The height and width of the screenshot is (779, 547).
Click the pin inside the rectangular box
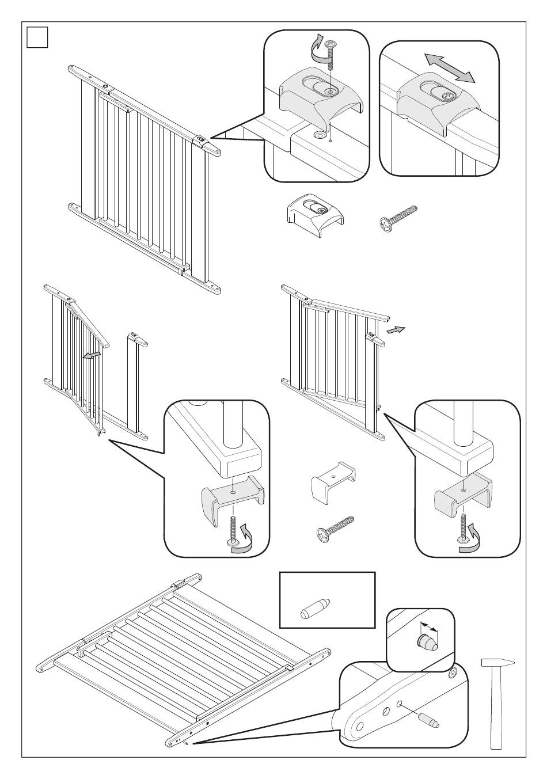(315, 607)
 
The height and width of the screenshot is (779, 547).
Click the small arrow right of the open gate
(396, 329)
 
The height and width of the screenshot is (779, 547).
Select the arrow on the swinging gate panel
(90, 356)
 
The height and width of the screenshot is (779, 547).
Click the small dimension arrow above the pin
(428, 626)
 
